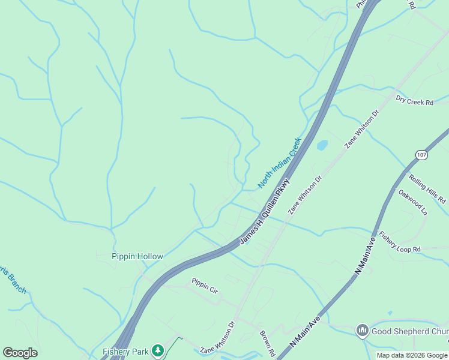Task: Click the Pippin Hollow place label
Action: tap(137, 256)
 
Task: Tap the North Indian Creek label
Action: tap(279, 163)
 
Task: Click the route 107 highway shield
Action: tap(421, 155)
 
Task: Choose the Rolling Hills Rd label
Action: tap(427, 188)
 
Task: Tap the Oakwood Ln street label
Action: tap(412, 202)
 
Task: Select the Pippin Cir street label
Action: tap(204, 284)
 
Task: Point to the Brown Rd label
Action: tap(267, 343)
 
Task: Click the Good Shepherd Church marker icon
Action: tap(362, 331)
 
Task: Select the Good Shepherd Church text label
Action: tap(409, 331)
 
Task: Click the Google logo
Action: tap(20, 352)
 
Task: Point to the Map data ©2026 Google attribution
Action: tap(411, 355)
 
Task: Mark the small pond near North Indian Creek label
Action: tap(322, 145)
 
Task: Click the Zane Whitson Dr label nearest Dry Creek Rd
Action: tap(362, 128)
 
